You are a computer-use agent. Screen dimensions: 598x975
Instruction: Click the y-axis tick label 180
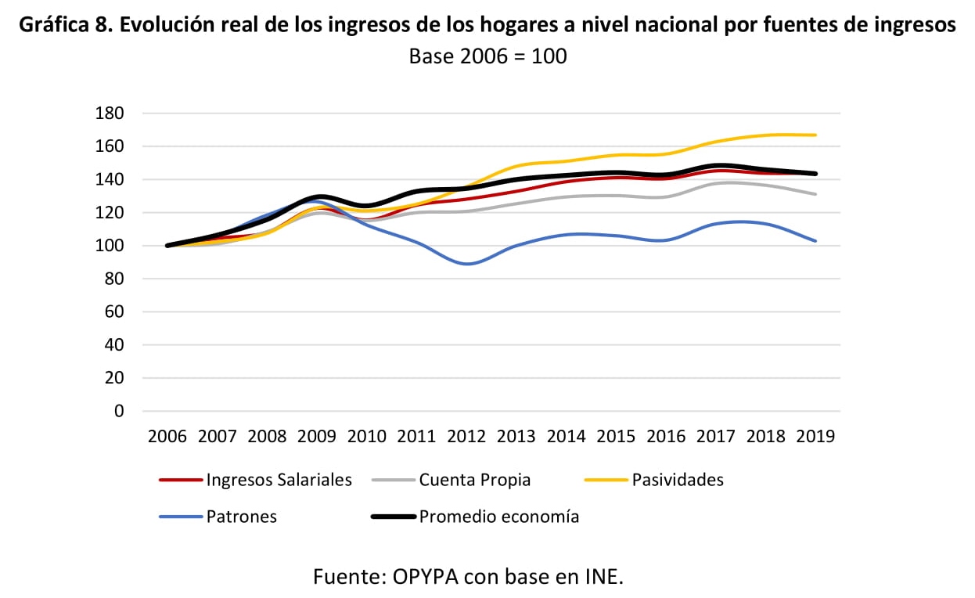click(x=109, y=113)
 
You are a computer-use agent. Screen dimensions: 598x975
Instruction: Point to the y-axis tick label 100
click(x=109, y=246)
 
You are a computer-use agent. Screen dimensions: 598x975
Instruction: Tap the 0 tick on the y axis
click(x=119, y=411)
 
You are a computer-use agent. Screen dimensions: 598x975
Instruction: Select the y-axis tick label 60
click(x=113, y=312)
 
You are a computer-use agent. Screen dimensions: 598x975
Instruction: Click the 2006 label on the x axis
click(x=167, y=436)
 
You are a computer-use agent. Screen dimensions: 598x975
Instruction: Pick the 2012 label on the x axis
click(x=466, y=436)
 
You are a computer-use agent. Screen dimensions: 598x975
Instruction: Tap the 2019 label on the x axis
click(x=815, y=436)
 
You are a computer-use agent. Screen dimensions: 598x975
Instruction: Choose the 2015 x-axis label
click(x=616, y=436)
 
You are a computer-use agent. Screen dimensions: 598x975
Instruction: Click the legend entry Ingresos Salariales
click(x=279, y=480)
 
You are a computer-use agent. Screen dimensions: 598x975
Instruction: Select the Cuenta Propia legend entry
click(x=474, y=480)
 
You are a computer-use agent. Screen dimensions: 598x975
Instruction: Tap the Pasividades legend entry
click(x=678, y=480)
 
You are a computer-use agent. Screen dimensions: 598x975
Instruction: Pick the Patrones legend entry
click(x=241, y=517)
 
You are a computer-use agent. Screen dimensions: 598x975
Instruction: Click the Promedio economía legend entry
click(x=499, y=517)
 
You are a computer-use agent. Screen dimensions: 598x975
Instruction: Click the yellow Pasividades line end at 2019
click(x=815, y=135)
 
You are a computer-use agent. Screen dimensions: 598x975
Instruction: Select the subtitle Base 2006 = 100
click(x=487, y=56)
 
